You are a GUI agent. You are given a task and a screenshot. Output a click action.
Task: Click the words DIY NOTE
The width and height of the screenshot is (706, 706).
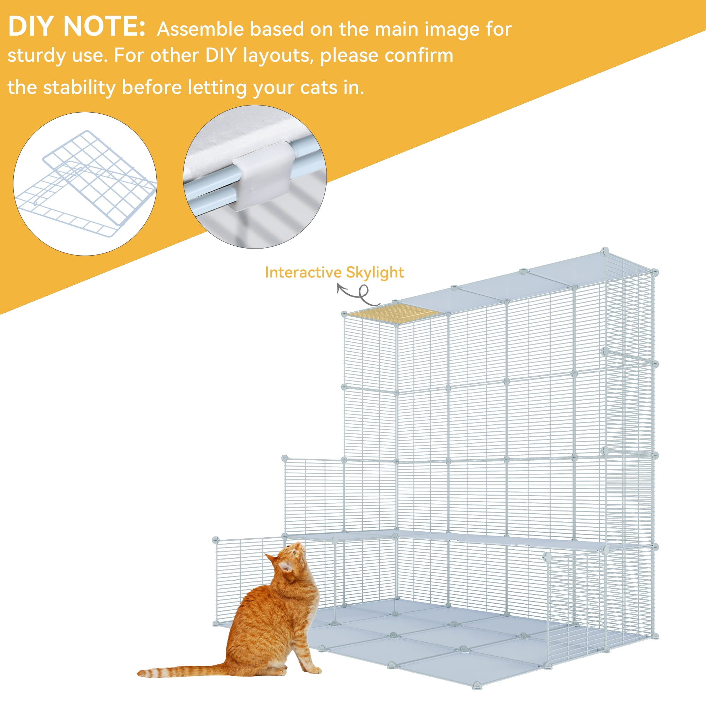tap(76, 26)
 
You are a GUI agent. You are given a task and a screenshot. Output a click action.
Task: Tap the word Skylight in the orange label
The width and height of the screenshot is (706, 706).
tap(375, 273)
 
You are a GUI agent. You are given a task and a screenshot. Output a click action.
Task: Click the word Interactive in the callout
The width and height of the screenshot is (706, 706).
tap(303, 272)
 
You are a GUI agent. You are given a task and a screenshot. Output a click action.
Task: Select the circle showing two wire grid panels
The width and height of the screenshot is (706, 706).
tap(85, 184)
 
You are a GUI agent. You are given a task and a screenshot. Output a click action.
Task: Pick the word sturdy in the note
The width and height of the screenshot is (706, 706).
tap(37, 56)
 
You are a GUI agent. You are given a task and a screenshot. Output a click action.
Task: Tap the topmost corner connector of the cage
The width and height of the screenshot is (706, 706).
tap(605, 251)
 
